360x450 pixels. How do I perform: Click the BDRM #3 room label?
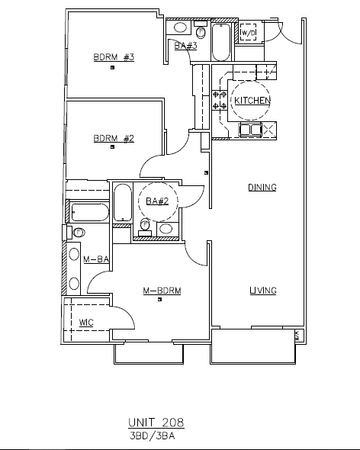114,57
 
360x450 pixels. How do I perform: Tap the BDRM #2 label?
114,138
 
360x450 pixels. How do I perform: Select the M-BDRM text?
162,291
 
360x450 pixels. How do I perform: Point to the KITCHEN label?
252,101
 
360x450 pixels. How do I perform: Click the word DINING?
262,188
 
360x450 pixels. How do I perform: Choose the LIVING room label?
263,291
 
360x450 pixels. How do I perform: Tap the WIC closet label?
86,323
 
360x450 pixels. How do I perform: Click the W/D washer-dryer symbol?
248,32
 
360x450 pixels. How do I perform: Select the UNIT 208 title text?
156,423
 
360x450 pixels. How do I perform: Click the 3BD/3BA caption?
152,436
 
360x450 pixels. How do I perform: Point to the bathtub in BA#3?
221,42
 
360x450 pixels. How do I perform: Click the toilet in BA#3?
201,30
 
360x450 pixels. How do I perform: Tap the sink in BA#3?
181,27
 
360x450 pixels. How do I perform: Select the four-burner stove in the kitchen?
220,100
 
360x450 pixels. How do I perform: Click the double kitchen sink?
250,130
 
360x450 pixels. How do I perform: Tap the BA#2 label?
157,201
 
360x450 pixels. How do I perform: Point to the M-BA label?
96,259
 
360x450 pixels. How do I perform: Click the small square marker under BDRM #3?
113,67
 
